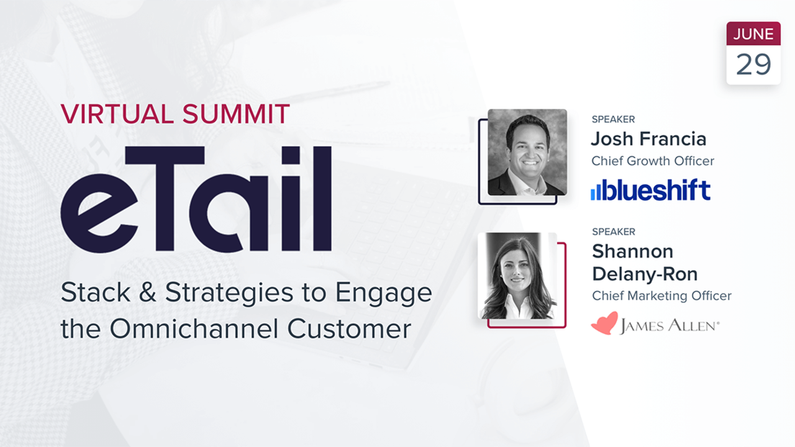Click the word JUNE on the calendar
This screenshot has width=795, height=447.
[x=753, y=35]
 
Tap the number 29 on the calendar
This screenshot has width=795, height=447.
[x=753, y=64]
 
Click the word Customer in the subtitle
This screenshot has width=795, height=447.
[x=350, y=328]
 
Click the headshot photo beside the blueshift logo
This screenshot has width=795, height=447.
[x=527, y=153]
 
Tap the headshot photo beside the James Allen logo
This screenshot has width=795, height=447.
[x=517, y=276]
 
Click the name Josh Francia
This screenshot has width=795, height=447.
[x=648, y=138]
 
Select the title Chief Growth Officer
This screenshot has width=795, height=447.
[x=653, y=161]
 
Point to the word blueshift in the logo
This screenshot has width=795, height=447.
[x=658, y=189]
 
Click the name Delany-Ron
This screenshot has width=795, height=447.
[x=645, y=274]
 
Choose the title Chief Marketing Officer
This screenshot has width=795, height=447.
[x=661, y=296]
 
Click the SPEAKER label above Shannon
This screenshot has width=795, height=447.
[x=614, y=232]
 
